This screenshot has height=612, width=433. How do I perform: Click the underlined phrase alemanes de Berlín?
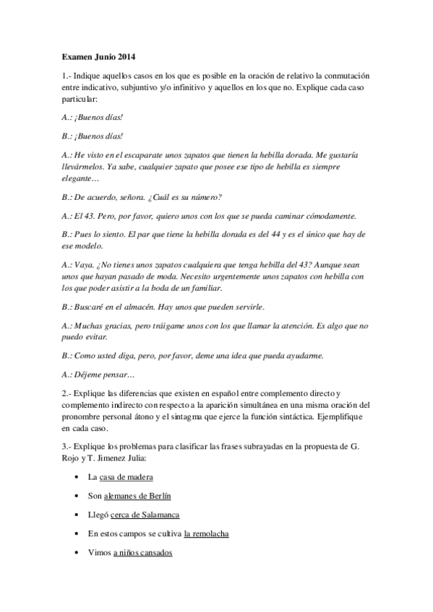click(x=138, y=497)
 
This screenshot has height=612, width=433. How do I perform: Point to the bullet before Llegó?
click(x=77, y=515)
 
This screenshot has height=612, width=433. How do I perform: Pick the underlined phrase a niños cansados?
click(x=143, y=553)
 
